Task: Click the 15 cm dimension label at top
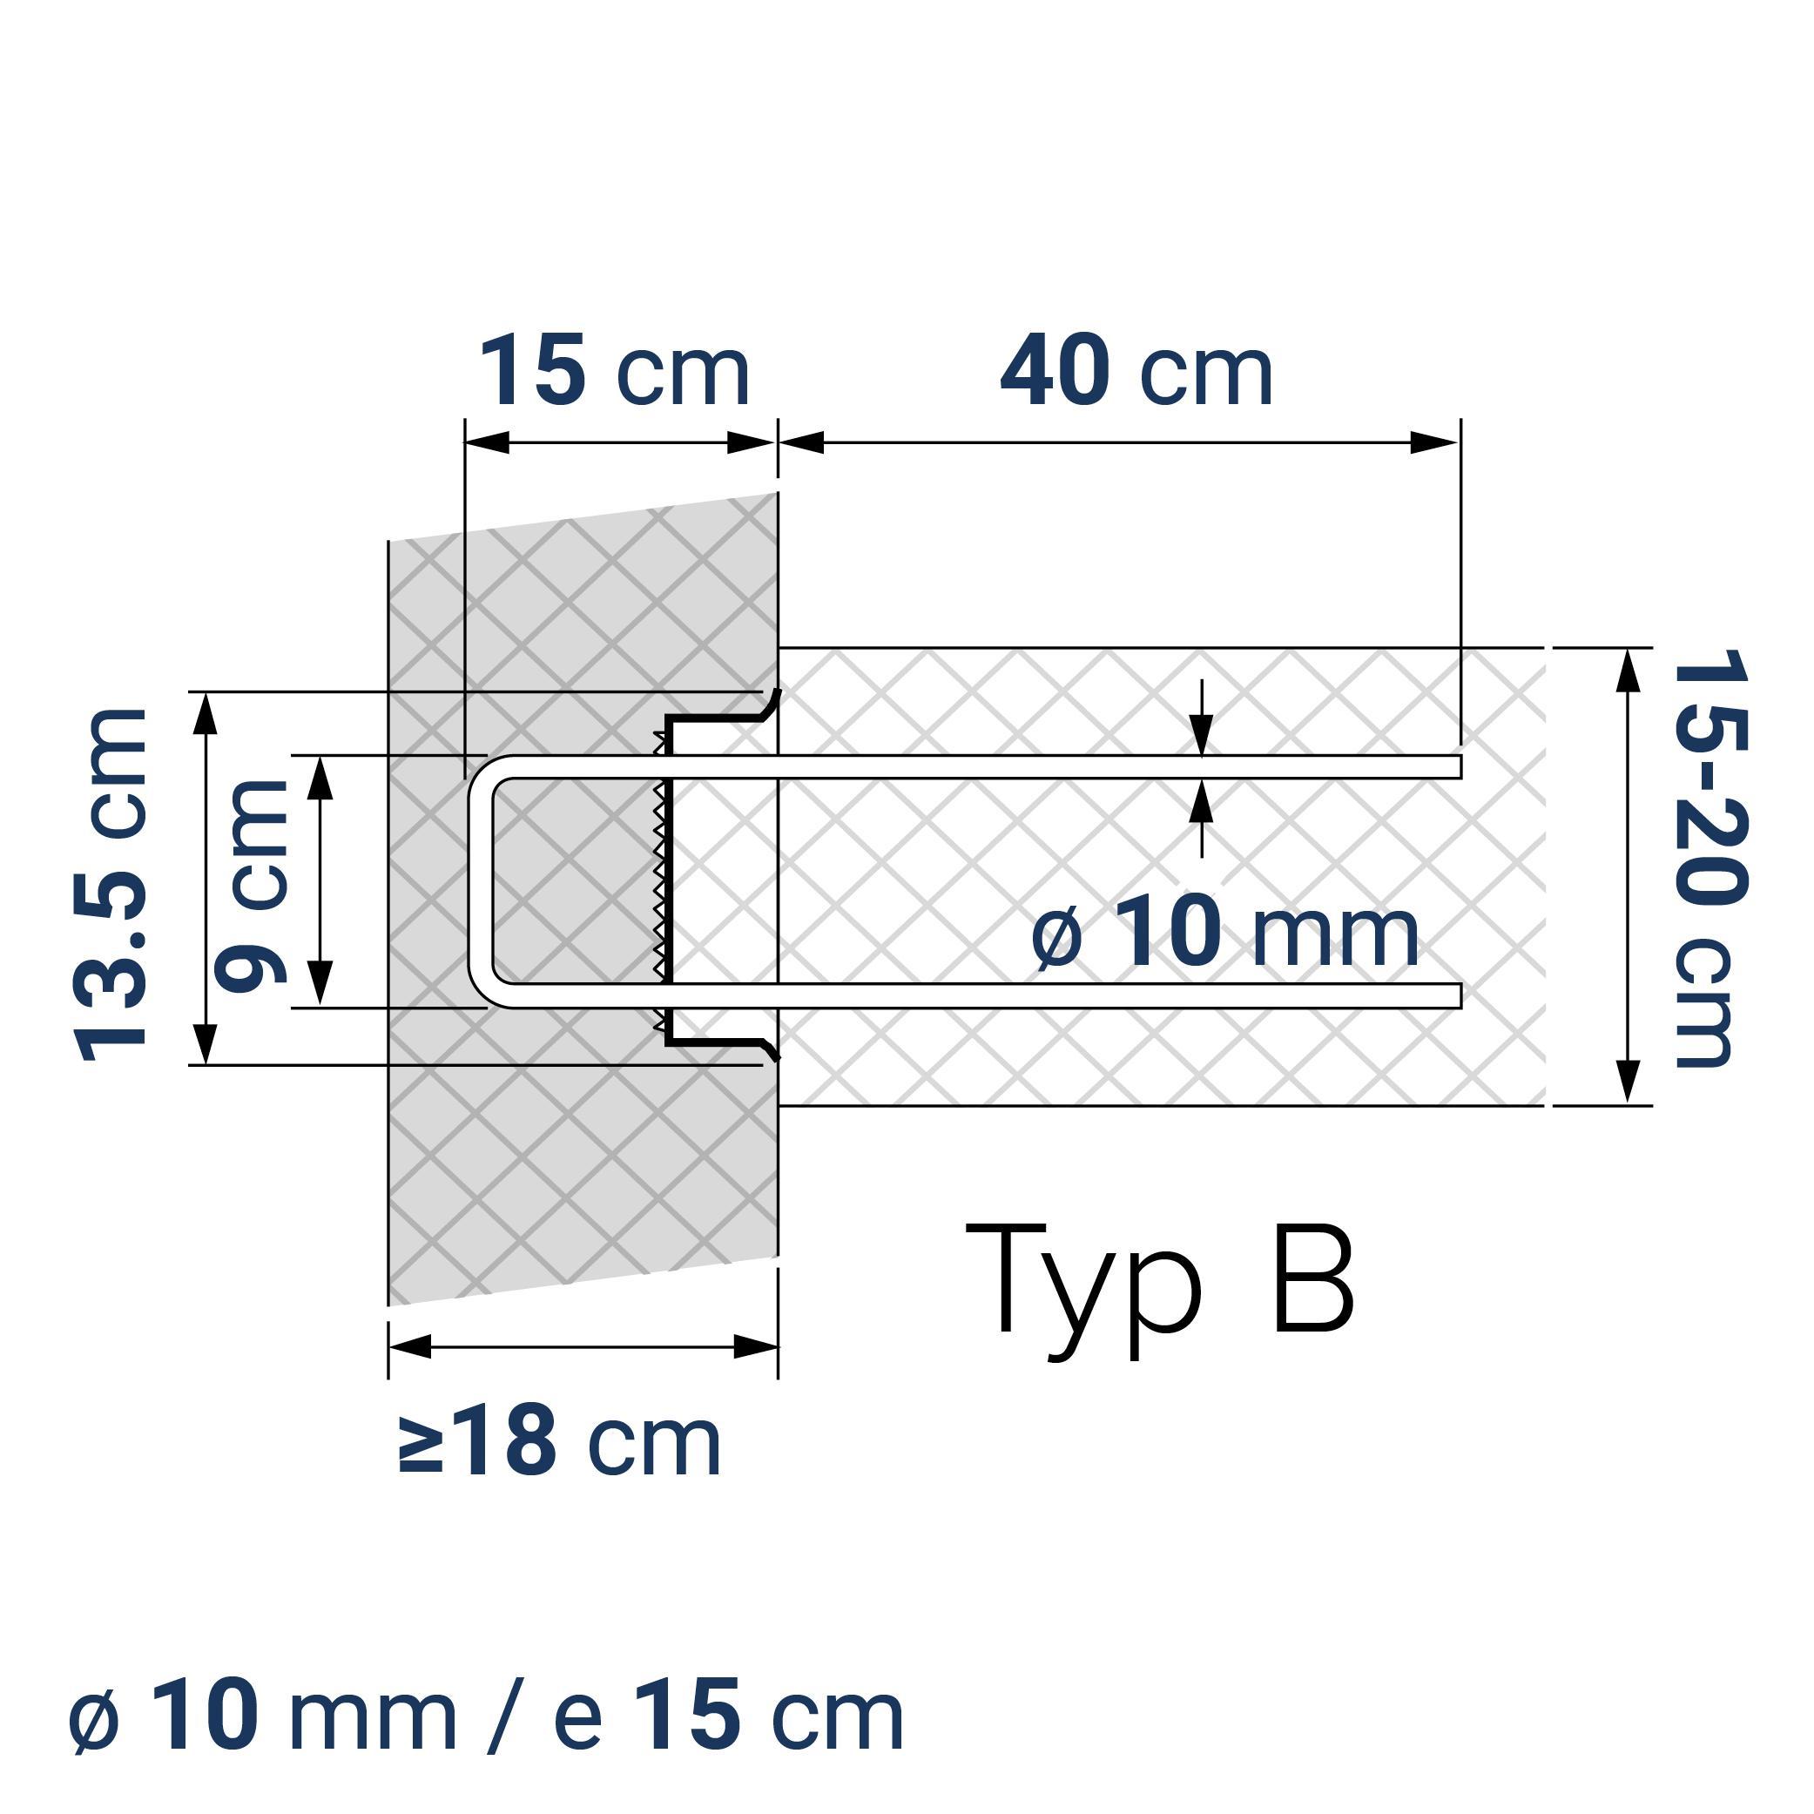point(615,373)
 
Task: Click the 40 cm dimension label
point(1136,373)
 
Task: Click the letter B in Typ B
point(1312,1278)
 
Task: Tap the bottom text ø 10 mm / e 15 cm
point(486,1717)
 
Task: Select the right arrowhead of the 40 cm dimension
point(1434,442)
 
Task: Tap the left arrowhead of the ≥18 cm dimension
point(409,1346)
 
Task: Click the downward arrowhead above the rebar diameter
point(1202,732)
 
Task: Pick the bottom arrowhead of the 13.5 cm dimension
point(206,1044)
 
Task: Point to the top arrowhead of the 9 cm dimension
point(320,778)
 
